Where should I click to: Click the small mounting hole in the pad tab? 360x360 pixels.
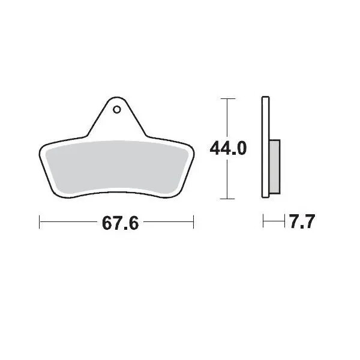click(116, 110)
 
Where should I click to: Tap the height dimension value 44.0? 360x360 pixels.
click(227, 148)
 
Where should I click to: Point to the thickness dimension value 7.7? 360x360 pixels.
click(301, 223)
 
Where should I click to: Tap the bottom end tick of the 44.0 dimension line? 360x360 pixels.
click(226, 198)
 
